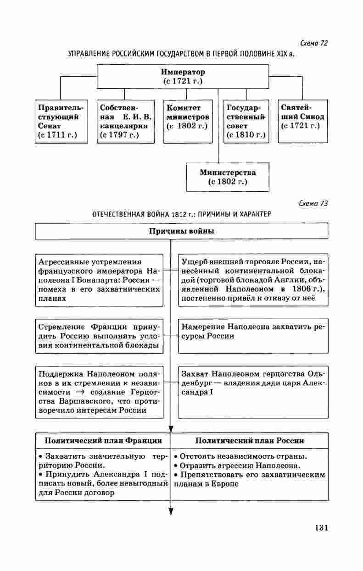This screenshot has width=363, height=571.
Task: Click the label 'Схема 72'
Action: pyautogui.click(x=313, y=44)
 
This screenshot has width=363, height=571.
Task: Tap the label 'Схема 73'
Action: pyautogui.click(x=313, y=204)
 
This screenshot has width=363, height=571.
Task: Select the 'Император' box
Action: pyautogui.click(x=183, y=76)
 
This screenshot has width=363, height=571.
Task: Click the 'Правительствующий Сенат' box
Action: pyautogui.click(x=61, y=121)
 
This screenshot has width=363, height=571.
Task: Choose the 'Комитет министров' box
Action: pyautogui.click(x=187, y=121)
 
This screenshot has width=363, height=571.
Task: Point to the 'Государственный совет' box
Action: pyautogui.click(x=246, y=121)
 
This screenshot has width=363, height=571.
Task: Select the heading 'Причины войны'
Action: pyautogui.click(x=181, y=231)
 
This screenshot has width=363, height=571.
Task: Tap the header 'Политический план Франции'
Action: pyautogui.click(x=103, y=441)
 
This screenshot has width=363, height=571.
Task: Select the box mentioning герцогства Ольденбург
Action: pyautogui.click(x=253, y=392)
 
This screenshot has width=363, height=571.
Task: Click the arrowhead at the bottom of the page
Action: pyautogui.click(x=171, y=511)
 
